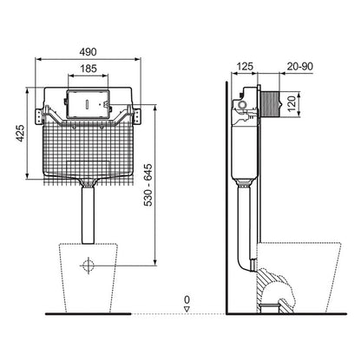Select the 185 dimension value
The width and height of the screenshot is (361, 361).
point(89,67)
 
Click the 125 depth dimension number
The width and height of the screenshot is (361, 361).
point(246,67)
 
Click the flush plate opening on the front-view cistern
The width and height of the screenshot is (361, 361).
point(89,97)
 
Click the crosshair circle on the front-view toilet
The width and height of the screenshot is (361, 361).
point(89,266)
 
